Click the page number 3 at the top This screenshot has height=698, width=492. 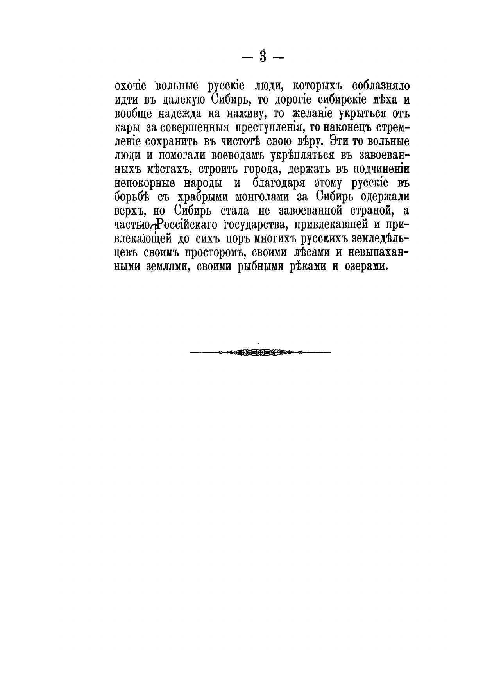click(263, 57)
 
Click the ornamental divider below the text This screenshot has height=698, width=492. click(260, 353)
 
